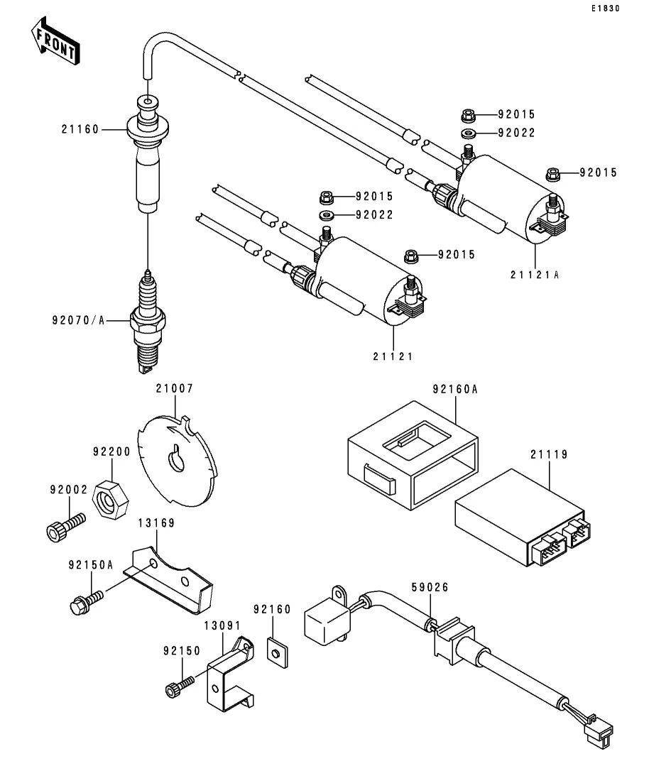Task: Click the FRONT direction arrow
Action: pyautogui.click(x=55, y=41)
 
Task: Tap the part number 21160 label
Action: pyautogui.click(x=80, y=129)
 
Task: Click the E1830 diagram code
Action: pyautogui.click(x=606, y=9)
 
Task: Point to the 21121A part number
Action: pyautogui.click(x=535, y=275)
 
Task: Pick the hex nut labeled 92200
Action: pyautogui.click(x=110, y=499)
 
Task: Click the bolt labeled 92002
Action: pyautogui.click(x=65, y=527)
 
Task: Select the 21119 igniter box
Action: pyautogui.click(x=523, y=518)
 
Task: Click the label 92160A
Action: pyautogui.click(x=455, y=389)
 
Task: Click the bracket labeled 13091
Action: pyautogui.click(x=230, y=674)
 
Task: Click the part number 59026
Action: pyautogui.click(x=430, y=587)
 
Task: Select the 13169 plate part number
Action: pyautogui.click(x=156, y=523)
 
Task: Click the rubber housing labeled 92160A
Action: pyautogui.click(x=413, y=456)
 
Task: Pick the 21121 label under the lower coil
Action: pyautogui.click(x=393, y=356)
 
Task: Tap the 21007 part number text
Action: pyautogui.click(x=175, y=388)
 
